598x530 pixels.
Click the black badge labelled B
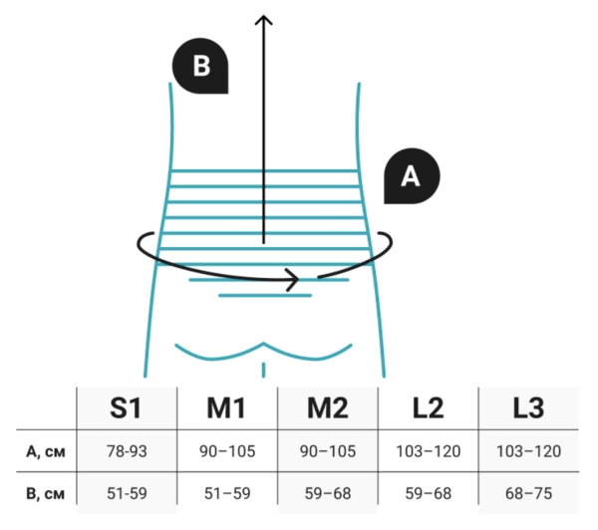[200, 66]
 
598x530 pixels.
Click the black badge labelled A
[412, 176]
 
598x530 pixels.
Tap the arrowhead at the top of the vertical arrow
[263, 19]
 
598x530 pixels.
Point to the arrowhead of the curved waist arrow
[294, 280]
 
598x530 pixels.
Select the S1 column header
[126, 407]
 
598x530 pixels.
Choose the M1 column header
[226, 407]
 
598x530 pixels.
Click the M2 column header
[328, 407]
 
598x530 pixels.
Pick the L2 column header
[429, 407]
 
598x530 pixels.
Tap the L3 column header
[528, 407]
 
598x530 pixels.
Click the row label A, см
[46, 452]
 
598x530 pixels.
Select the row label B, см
[46, 493]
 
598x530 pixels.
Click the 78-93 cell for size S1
[127, 451]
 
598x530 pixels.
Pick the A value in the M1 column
[227, 451]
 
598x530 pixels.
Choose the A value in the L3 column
[528, 451]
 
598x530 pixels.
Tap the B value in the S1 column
[127, 493]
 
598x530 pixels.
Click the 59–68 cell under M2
[328, 493]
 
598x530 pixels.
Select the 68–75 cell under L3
[528, 493]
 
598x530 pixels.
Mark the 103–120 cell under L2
[429, 451]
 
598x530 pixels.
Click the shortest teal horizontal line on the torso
[265, 296]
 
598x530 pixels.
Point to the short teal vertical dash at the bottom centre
[263, 370]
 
